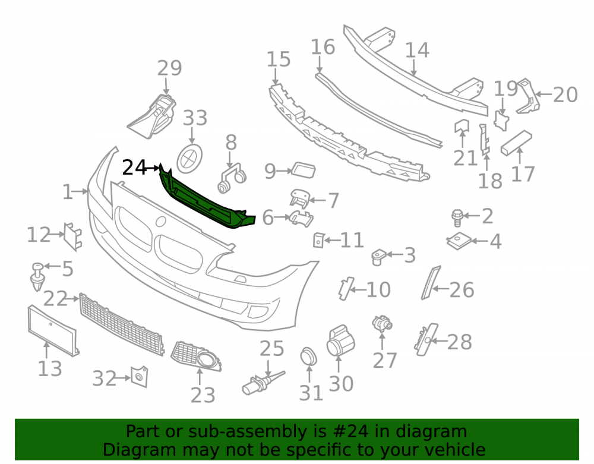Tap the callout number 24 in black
[x=134, y=168]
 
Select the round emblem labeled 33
[x=190, y=157]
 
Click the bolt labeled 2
[x=457, y=218]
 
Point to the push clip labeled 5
[x=37, y=276]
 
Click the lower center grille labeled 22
[x=122, y=324]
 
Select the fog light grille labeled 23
[x=196, y=356]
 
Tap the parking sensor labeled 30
[x=340, y=340]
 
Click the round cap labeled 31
[x=308, y=356]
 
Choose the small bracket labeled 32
[x=140, y=377]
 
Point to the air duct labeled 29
[x=152, y=116]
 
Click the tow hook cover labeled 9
[x=303, y=171]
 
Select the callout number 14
[x=417, y=50]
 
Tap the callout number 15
[x=279, y=59]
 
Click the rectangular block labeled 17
[x=516, y=143]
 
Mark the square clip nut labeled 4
[x=459, y=241]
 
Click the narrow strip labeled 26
[x=431, y=283]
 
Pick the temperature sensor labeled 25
[x=262, y=383]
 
